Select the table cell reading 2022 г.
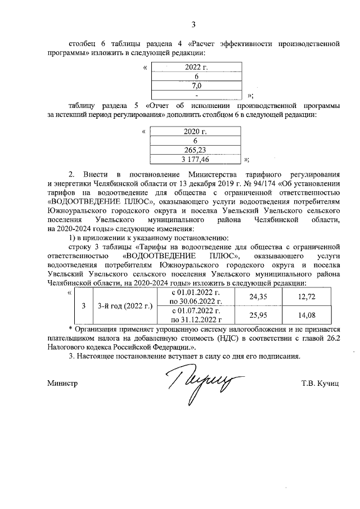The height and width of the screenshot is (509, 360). (x=196, y=67)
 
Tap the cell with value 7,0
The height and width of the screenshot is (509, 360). (x=196, y=85)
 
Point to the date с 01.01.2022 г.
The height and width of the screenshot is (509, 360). (x=195, y=292)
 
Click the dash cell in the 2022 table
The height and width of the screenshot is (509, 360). (x=196, y=94)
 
